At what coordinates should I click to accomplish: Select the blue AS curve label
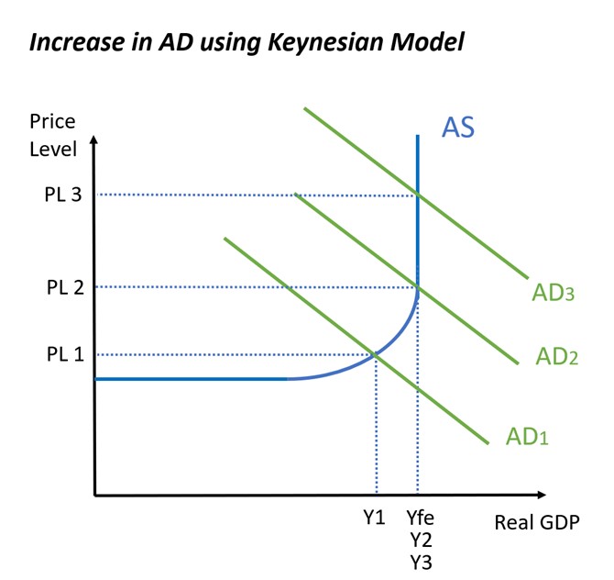458,127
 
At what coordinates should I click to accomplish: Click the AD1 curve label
527,436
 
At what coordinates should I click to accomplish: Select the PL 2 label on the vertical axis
65,287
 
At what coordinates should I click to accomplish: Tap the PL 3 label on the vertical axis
65,195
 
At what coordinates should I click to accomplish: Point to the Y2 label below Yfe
420,540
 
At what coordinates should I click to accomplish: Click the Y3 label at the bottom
420,562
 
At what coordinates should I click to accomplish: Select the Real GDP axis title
536,523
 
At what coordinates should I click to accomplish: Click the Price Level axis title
52,135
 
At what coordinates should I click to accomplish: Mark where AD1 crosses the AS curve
377,354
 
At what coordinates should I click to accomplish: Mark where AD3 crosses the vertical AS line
418,195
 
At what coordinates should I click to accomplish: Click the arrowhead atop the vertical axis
94,141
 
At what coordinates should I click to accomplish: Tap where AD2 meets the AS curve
418,287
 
